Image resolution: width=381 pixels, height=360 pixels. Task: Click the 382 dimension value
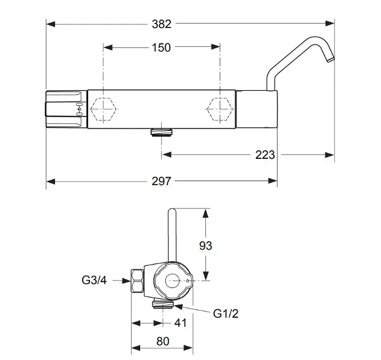(161, 24)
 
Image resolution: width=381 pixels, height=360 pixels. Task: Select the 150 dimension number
(161, 47)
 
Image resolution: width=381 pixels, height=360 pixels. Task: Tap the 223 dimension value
(265, 155)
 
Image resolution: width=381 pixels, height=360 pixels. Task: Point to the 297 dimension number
(161, 181)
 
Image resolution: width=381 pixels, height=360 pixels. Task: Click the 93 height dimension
(205, 246)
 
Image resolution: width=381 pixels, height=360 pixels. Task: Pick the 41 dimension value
(180, 323)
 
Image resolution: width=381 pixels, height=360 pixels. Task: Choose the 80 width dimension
(163, 341)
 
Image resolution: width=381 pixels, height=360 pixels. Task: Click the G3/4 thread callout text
(94, 280)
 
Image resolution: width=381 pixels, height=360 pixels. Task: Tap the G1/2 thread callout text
(226, 314)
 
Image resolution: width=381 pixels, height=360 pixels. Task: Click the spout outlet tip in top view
(331, 59)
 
